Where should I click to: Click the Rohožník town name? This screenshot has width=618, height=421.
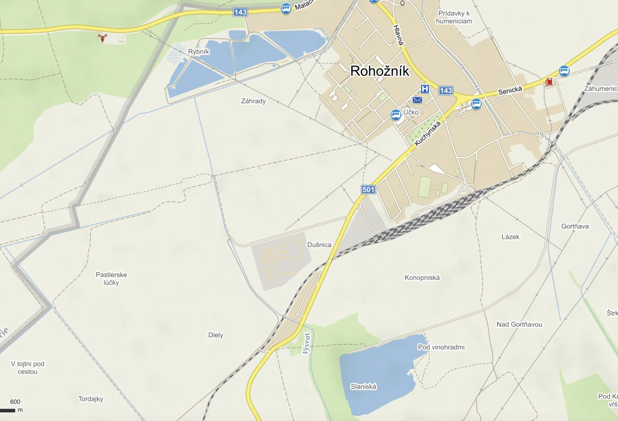point(379,71)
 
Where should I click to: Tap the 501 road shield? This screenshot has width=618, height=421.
point(368,189)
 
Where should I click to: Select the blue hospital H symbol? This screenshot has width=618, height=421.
point(424,89)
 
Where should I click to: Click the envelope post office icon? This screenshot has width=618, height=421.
point(417,100)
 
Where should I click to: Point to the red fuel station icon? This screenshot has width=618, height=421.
point(549,82)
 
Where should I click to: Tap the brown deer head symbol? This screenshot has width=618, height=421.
point(103,38)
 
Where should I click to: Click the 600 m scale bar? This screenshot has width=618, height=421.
point(8,410)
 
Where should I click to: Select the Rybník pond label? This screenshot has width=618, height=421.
point(198,52)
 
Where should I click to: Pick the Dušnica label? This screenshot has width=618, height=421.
point(319,245)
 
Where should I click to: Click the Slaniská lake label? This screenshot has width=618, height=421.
point(363,386)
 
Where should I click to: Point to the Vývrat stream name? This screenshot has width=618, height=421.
point(307,343)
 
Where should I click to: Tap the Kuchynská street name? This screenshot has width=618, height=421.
point(427,133)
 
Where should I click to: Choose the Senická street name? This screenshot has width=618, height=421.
point(510,91)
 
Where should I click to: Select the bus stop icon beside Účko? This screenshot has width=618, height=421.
point(396,115)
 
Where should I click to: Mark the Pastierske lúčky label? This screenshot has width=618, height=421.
point(111,278)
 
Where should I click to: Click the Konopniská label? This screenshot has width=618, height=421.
point(422,278)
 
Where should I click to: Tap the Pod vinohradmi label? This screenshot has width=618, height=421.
point(441,347)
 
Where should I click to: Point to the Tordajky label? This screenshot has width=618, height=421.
point(91,399)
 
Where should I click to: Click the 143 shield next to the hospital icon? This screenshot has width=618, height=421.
point(446,90)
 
